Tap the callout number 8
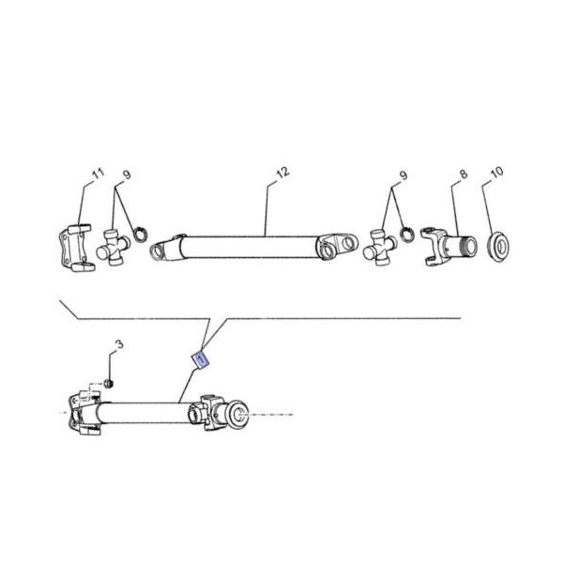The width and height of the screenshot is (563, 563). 463,175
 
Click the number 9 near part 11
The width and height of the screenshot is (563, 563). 126,175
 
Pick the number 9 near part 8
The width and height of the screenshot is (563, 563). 403,175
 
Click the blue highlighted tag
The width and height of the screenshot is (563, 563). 199,358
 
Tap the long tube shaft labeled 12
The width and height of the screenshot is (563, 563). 253,248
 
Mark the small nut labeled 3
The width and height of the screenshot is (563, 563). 109,383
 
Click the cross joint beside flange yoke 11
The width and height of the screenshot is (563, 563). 115,249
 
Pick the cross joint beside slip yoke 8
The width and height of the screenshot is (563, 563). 381,248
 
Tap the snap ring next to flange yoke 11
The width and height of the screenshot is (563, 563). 139,232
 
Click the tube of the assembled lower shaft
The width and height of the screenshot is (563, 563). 141,411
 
